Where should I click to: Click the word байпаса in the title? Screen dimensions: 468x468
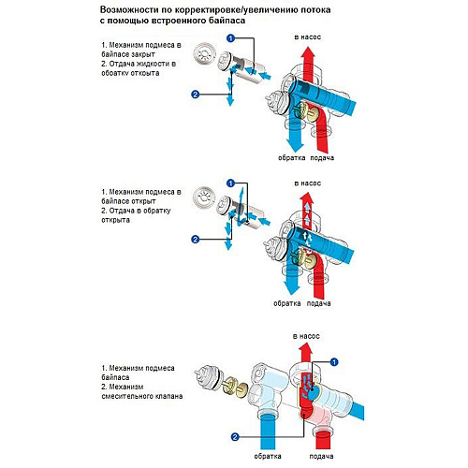coord(226,22)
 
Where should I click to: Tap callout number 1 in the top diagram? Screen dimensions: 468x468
coord(230,38)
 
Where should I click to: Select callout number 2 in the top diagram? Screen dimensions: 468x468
coord(195,94)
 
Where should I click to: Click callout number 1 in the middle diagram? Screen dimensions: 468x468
coord(230,183)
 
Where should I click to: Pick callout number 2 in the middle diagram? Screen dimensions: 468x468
coord(195,240)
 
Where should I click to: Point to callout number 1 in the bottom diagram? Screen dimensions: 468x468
coord(334,362)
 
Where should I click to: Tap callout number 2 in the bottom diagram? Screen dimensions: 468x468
coord(235,437)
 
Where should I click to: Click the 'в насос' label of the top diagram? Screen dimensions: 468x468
coord(307,37)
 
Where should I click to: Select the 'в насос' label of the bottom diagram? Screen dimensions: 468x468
coord(306,336)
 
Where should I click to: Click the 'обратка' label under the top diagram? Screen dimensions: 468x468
coord(291,157)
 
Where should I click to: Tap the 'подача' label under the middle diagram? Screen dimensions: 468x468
coord(318,303)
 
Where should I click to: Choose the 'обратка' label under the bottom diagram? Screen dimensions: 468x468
coord(268,456)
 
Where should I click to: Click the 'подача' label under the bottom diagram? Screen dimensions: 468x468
coord(321,456)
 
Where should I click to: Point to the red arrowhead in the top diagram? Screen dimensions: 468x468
coord(308,52)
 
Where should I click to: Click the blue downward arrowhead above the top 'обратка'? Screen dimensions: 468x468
coord(294,145)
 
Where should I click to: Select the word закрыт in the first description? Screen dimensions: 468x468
coord(143,54)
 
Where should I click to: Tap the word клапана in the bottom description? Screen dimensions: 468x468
coord(168,396)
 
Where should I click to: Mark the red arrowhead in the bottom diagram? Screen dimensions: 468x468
coord(305,348)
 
